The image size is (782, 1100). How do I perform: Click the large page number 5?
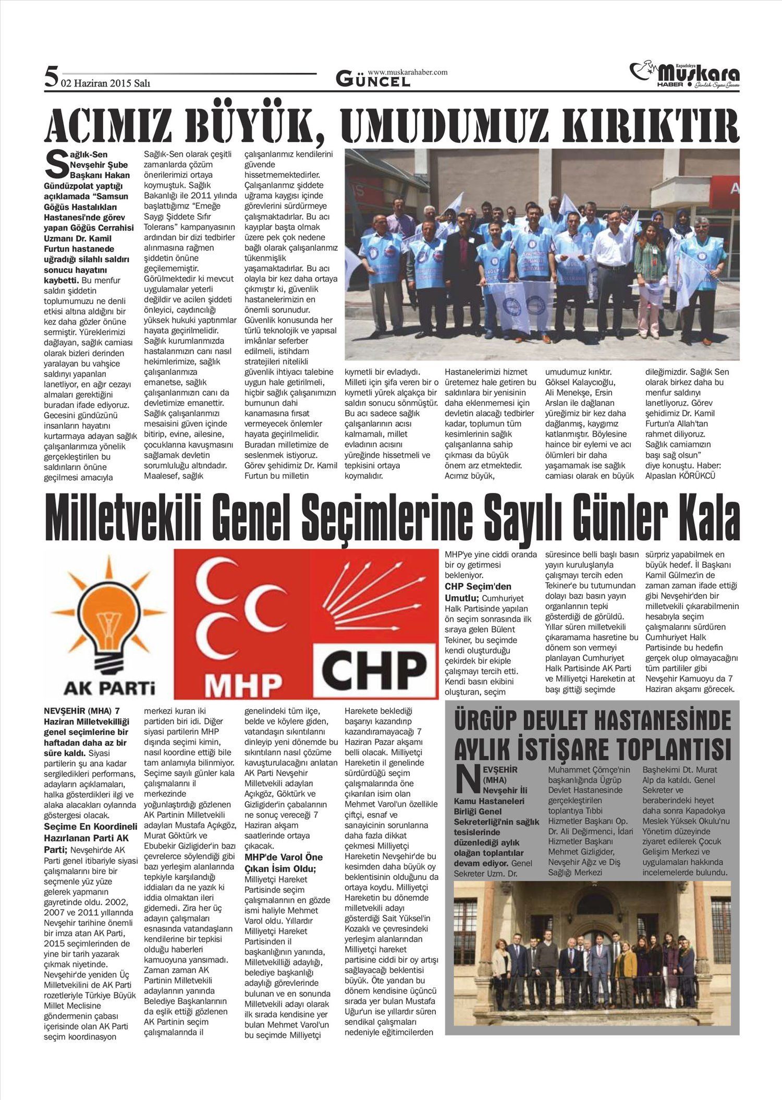(51, 78)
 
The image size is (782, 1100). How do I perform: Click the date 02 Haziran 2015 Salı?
(105, 83)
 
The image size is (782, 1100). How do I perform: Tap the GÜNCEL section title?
(373, 80)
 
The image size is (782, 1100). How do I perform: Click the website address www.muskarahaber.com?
(407, 72)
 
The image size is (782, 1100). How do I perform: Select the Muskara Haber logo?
(684, 76)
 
